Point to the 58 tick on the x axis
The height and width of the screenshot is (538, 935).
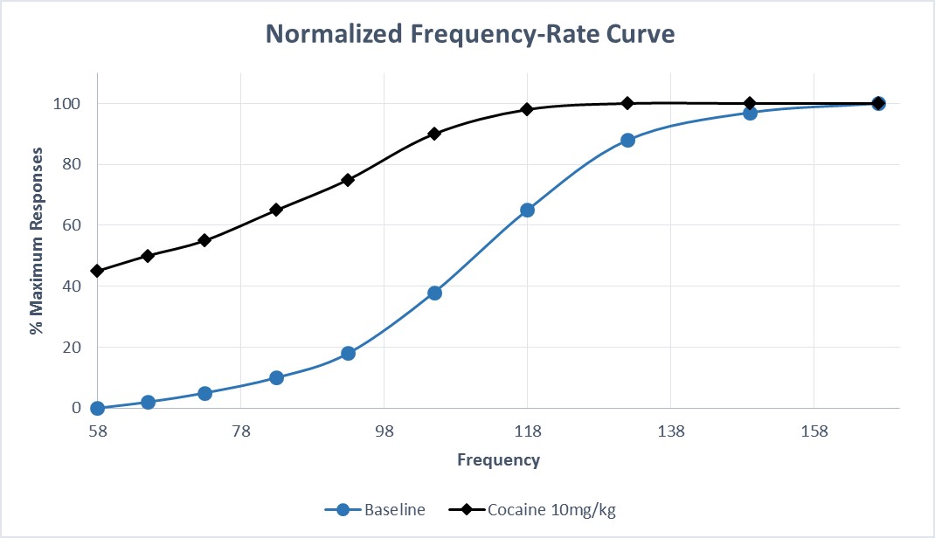[97, 431]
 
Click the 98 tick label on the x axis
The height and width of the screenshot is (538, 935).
[384, 431]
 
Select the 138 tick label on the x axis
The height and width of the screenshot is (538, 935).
[670, 431]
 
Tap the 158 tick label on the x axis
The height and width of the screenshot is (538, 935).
[814, 431]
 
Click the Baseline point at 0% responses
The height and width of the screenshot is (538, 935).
[97, 408]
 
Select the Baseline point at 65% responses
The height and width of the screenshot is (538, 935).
[527, 210]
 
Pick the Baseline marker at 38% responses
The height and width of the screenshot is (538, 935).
[434, 293]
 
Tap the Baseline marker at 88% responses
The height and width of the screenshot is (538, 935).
[627, 140]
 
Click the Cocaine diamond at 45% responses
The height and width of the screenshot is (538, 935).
[97, 271]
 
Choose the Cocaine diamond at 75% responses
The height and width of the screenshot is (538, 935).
[348, 180]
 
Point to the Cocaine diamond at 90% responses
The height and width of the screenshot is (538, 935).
[434, 134]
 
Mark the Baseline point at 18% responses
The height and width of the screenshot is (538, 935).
[348, 353]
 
